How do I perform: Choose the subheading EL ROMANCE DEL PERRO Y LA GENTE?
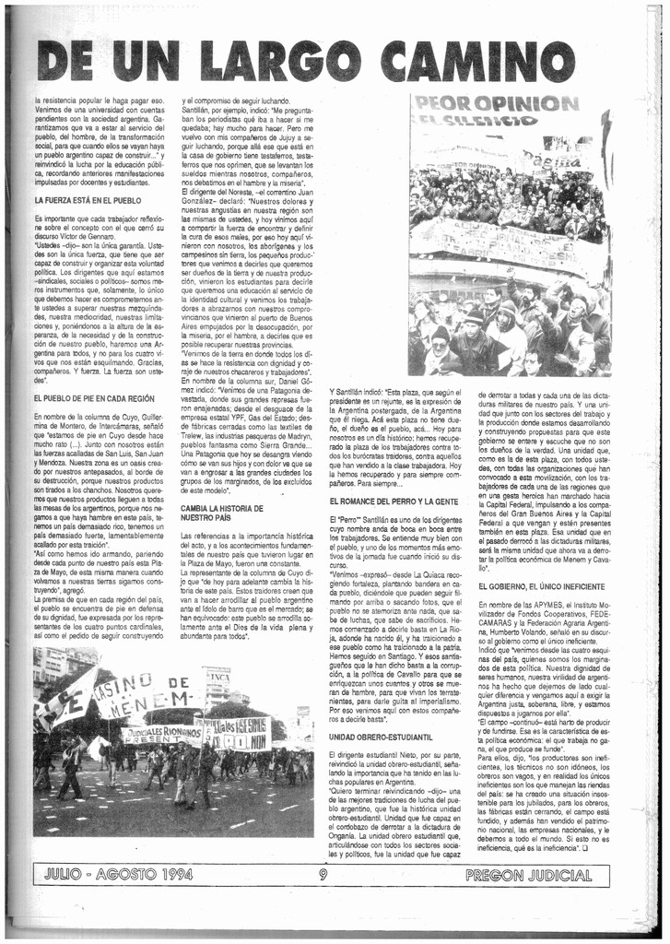coord(394,500)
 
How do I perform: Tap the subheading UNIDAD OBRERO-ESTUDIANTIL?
coord(381,737)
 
